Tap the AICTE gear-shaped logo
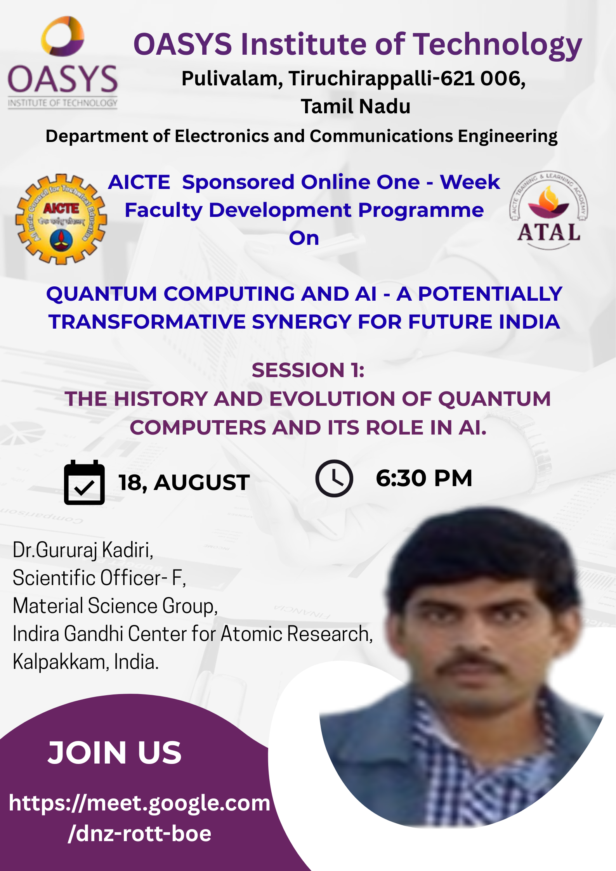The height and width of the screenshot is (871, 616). pyautogui.click(x=61, y=219)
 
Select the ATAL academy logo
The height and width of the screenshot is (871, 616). pyautogui.click(x=548, y=210)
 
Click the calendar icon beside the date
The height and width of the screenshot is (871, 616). pyautogui.click(x=84, y=482)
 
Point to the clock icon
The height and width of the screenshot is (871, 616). pyautogui.click(x=334, y=478)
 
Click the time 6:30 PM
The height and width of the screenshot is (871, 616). pyautogui.click(x=424, y=478)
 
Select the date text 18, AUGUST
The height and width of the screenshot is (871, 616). pyautogui.click(x=184, y=483)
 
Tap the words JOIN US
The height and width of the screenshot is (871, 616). pyautogui.click(x=115, y=753)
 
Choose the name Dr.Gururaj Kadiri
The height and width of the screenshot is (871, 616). pyautogui.click(x=83, y=550)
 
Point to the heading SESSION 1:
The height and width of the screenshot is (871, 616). pyautogui.click(x=308, y=370)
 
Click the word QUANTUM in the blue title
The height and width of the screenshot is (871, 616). pyautogui.click(x=101, y=294)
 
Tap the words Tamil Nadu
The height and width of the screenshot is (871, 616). pyautogui.click(x=356, y=106)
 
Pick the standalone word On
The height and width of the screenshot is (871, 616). pyautogui.click(x=304, y=238)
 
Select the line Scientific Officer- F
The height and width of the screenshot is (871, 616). pyautogui.click(x=99, y=578)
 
